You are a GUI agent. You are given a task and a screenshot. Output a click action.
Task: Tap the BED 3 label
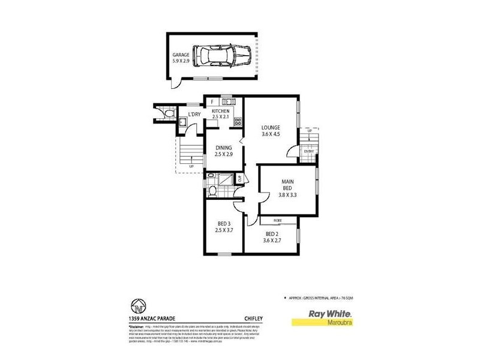pyautogui.click(x=224, y=226)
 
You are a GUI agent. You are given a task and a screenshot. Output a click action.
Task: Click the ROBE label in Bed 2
pyautogui.click(x=278, y=221)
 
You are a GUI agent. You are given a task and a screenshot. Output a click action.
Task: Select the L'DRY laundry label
pyautogui.click(x=194, y=114)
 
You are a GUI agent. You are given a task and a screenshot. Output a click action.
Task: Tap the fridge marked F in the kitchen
pyautogui.click(x=212, y=101)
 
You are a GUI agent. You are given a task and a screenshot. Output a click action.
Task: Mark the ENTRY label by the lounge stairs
pyautogui.click(x=308, y=151)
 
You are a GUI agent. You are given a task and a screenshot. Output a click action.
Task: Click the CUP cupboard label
pyautogui.click(x=239, y=179)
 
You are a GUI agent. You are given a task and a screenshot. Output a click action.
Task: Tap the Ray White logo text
pyautogui.click(x=330, y=313)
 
